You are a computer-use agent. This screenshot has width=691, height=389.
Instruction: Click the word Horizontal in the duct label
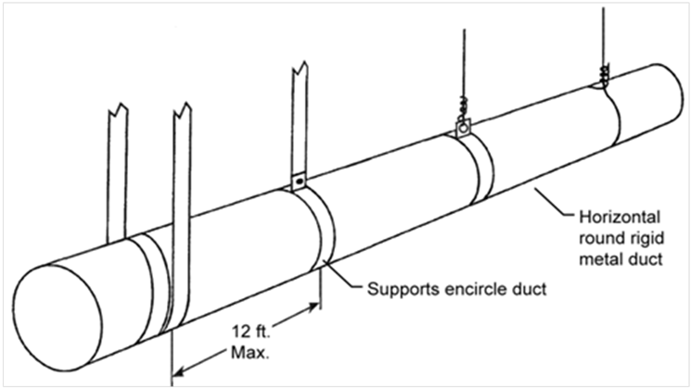(x=620, y=217)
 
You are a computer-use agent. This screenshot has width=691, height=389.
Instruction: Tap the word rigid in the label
(x=646, y=238)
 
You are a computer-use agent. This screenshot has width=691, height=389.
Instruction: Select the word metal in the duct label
(x=600, y=258)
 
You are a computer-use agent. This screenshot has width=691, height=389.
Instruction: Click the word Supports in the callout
(x=403, y=290)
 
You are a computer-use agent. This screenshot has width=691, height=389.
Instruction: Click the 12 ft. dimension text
(x=250, y=331)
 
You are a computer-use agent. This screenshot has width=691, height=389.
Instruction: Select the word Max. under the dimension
(x=250, y=353)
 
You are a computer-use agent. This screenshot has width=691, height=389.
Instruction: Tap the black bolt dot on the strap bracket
(x=300, y=181)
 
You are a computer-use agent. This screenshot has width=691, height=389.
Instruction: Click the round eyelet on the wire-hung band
(x=463, y=129)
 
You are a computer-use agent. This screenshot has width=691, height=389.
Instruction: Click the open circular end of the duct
(x=57, y=317)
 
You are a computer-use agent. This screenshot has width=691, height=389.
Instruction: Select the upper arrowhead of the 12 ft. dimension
(x=314, y=307)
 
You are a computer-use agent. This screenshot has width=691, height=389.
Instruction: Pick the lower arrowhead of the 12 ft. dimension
(x=178, y=372)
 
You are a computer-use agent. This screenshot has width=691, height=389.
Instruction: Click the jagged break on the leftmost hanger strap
(x=118, y=108)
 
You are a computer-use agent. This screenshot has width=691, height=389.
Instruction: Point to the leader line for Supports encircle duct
(x=343, y=274)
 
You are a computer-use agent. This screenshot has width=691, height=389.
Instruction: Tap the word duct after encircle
(x=529, y=289)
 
